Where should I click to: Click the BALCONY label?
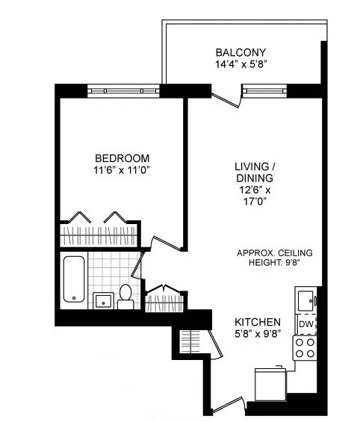(240, 52)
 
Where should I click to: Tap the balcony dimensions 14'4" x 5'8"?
(240, 65)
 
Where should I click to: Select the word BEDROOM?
(122, 158)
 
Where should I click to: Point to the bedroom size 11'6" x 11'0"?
(122, 171)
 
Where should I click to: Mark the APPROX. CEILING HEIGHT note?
(274, 258)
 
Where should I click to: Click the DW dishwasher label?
(305, 324)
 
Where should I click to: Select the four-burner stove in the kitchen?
(305, 347)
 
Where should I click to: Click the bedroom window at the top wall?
(124, 90)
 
